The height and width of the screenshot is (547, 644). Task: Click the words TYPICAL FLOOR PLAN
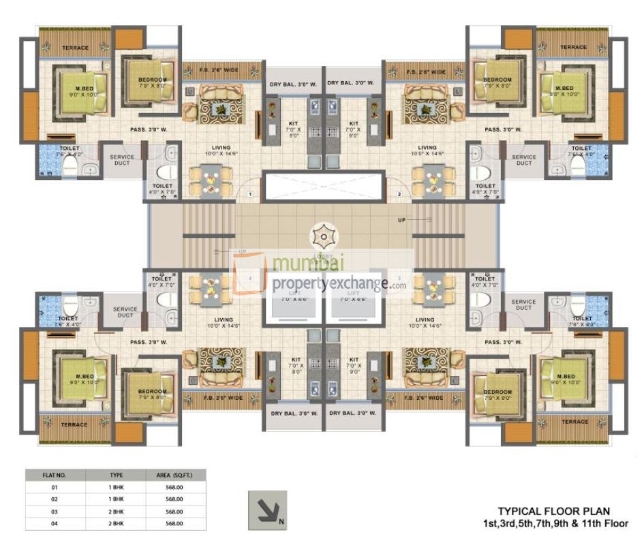tap(553, 511)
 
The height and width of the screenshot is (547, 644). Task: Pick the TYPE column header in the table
tap(116, 475)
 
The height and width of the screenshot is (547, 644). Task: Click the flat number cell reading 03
tap(55, 512)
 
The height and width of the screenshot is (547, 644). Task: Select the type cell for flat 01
tap(116, 488)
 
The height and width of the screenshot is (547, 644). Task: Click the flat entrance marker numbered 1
tap(250, 195)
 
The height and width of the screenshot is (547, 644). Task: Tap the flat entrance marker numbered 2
tap(399, 195)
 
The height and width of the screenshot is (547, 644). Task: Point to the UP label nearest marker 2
tap(401, 220)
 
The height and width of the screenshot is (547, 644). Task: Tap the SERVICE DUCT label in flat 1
tap(122, 160)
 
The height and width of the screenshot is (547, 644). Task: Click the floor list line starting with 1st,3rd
tap(553, 523)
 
